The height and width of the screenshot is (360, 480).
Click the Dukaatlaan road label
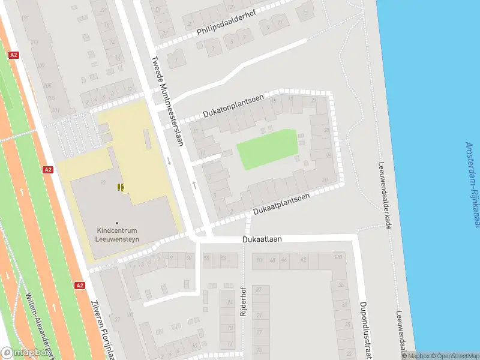point(262,239)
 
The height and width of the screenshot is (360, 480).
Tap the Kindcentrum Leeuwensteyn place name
point(116,233)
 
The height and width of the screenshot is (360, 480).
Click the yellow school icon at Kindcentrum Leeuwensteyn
point(121,187)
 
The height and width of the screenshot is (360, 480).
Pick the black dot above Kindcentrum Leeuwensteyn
point(117,223)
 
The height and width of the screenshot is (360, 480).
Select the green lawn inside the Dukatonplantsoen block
point(268,149)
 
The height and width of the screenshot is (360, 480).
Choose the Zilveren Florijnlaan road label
point(103,331)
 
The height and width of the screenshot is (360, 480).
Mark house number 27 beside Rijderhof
point(260,289)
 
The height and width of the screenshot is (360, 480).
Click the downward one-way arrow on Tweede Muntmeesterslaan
point(169,161)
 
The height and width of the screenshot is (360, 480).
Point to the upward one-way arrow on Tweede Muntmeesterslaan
point(194,184)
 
